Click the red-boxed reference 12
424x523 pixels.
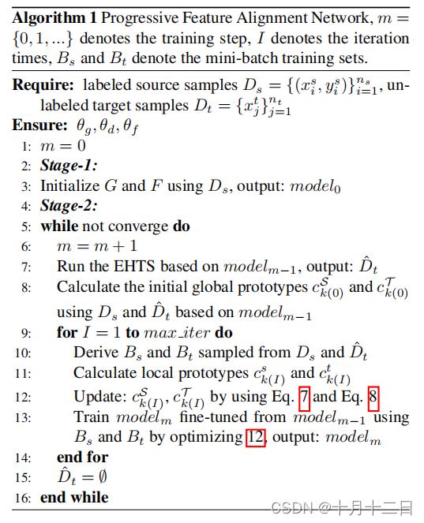point(256,435)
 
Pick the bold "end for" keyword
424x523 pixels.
point(82,457)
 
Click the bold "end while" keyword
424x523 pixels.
point(74,497)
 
